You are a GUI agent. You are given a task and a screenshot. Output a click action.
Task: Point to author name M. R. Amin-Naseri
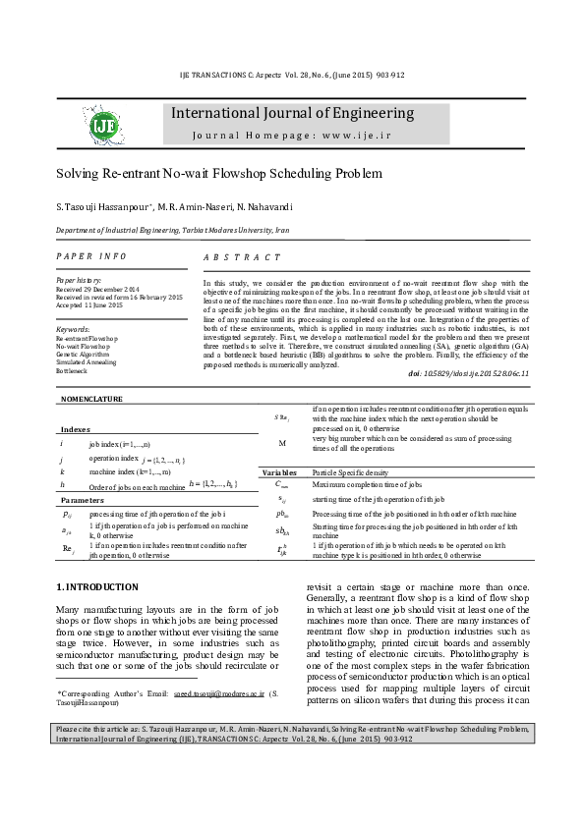tap(207, 207)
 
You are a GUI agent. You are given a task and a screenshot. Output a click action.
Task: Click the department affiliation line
tap(172, 228)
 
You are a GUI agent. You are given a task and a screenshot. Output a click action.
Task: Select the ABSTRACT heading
tap(241, 256)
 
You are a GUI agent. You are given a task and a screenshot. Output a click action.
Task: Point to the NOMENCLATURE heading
tap(92, 400)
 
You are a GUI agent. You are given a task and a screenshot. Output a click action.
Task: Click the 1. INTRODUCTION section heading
tap(96, 586)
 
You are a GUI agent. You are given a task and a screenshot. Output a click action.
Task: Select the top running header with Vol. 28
tap(292, 75)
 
